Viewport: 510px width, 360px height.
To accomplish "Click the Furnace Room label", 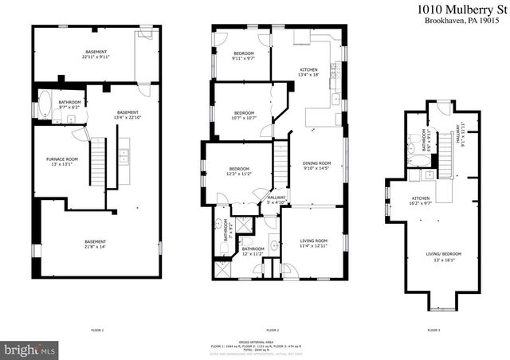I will pos(61,162).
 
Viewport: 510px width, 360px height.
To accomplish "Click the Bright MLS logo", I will pos(29,349).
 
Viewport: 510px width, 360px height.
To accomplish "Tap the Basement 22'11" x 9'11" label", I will pos(95,55).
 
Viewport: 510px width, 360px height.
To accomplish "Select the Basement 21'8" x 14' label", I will pos(96,244).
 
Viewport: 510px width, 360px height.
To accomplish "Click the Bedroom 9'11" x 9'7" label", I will pos(243,57).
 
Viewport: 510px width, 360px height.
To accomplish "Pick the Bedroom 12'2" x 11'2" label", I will pos(239,170).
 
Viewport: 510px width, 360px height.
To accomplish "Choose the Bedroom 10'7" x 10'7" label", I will pos(244,115).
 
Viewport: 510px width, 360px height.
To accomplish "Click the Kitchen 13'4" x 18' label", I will pos(308,72).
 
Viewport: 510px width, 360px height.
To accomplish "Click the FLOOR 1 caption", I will pos(97,330).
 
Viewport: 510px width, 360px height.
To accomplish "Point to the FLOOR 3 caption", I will pos(433,330).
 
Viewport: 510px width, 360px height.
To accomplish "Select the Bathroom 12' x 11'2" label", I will pos(253,252).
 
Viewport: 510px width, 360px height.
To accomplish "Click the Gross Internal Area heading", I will pos(272,343).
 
